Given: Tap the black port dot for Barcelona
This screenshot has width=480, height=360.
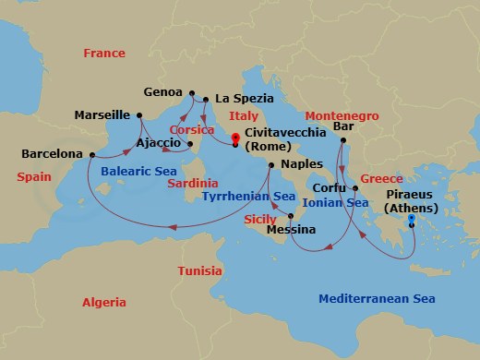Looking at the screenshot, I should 90,154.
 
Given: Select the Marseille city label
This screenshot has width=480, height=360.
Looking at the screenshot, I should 102,115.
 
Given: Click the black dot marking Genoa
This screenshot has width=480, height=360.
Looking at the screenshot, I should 191,93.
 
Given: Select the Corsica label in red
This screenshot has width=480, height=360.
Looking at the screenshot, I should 193,130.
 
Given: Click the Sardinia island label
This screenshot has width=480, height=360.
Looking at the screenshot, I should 192,183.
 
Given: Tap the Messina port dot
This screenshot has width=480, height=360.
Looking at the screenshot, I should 291,217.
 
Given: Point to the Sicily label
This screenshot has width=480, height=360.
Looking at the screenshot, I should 260,219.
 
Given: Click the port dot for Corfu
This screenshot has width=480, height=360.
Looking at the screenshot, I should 354,188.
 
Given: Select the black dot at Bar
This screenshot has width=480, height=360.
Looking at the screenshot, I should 341,140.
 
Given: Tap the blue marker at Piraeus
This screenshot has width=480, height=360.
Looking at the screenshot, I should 411,220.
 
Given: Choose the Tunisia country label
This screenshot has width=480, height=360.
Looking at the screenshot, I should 198,271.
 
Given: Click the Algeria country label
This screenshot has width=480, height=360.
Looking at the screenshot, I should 105,302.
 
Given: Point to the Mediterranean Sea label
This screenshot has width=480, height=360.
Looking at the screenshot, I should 377,298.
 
